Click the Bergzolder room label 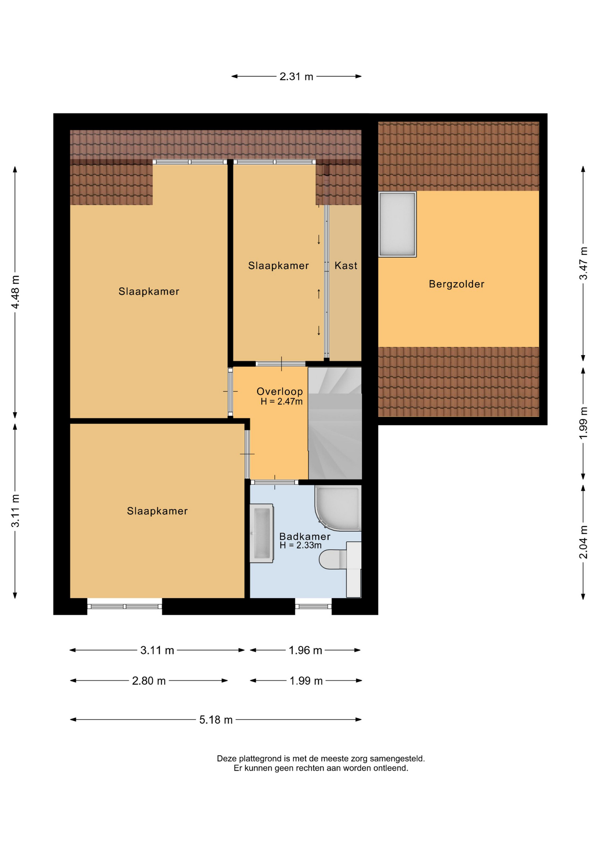pos(456,284)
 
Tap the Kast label pos(346,265)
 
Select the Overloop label pos(280,391)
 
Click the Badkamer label pos(305,536)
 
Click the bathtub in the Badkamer pos(262,533)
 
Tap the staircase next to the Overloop pos(335,423)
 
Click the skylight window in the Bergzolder pos(397,224)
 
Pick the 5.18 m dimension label pos(216,720)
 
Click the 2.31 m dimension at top pos(296,76)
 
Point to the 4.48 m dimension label pos(15,292)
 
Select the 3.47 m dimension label pos(583,263)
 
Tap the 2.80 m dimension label pos(149,681)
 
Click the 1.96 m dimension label pos(305,650)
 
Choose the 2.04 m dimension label pos(583,542)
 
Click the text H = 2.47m pos(281,401)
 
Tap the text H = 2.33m pos(300,545)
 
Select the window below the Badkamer pos(313,606)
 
